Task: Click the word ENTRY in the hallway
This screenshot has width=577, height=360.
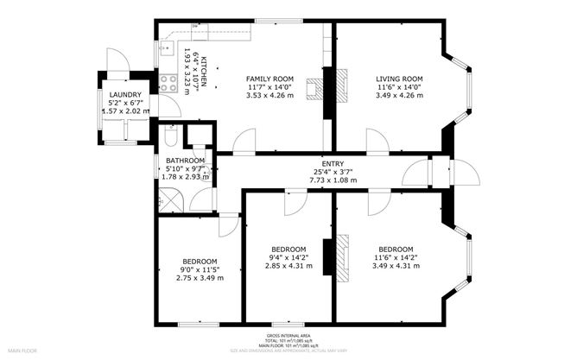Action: click(x=333, y=163)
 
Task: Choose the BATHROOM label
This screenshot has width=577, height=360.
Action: click(x=186, y=161)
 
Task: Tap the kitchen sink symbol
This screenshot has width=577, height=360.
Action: click(x=167, y=48)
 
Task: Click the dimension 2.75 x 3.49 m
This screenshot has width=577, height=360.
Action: click(x=199, y=277)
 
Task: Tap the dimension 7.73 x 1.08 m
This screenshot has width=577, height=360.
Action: click(x=333, y=180)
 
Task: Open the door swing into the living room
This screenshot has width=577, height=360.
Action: click(x=377, y=142)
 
